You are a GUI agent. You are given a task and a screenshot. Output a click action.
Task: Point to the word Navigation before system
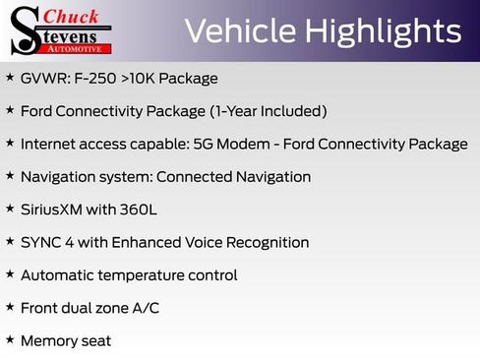[x=60, y=177]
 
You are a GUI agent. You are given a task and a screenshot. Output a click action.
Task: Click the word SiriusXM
[x=55, y=210]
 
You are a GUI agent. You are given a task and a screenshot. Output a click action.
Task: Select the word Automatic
[x=58, y=275]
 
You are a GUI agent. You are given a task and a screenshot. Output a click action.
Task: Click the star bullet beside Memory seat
[x=10, y=339]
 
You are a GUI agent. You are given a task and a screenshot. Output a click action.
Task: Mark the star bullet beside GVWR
[x=10, y=76]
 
